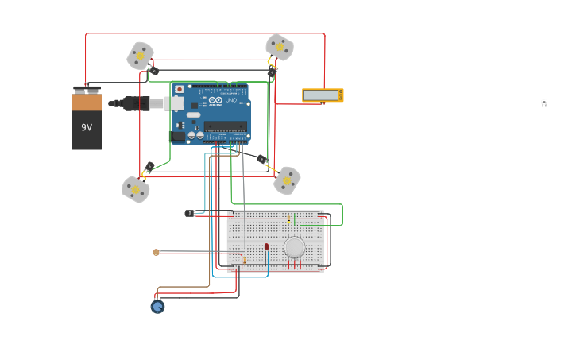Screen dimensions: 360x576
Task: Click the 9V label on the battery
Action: pyautogui.click(x=87, y=127)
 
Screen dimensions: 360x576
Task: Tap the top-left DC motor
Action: pyautogui.click(x=141, y=56)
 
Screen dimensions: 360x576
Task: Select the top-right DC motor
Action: pyautogui.click(x=280, y=47)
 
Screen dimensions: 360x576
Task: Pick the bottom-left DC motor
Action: pyautogui.click(x=136, y=189)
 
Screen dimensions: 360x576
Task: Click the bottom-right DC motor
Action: pyautogui.click(x=287, y=180)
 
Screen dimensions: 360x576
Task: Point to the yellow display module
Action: pyautogui.click(x=323, y=95)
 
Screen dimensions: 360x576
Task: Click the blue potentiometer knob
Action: pyautogui.click(x=157, y=306)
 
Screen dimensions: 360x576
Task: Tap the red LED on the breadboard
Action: pyautogui.click(x=266, y=247)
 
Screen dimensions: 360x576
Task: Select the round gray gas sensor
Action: pyautogui.click(x=295, y=247)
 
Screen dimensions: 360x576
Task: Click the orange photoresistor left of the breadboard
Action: pyautogui.click(x=157, y=252)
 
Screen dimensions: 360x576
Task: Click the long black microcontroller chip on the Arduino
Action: pyautogui.click(x=225, y=126)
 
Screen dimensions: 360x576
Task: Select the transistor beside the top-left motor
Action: pyautogui.click(x=154, y=72)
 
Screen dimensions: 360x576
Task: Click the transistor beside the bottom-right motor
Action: pyautogui.click(x=261, y=159)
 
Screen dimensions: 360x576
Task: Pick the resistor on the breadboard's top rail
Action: pyautogui.click(x=288, y=219)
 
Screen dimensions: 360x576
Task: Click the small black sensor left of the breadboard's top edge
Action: pyautogui.click(x=190, y=213)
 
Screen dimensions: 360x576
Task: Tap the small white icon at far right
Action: pyautogui.click(x=544, y=103)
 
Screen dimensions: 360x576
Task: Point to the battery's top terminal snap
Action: pyautogui.click(x=87, y=89)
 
